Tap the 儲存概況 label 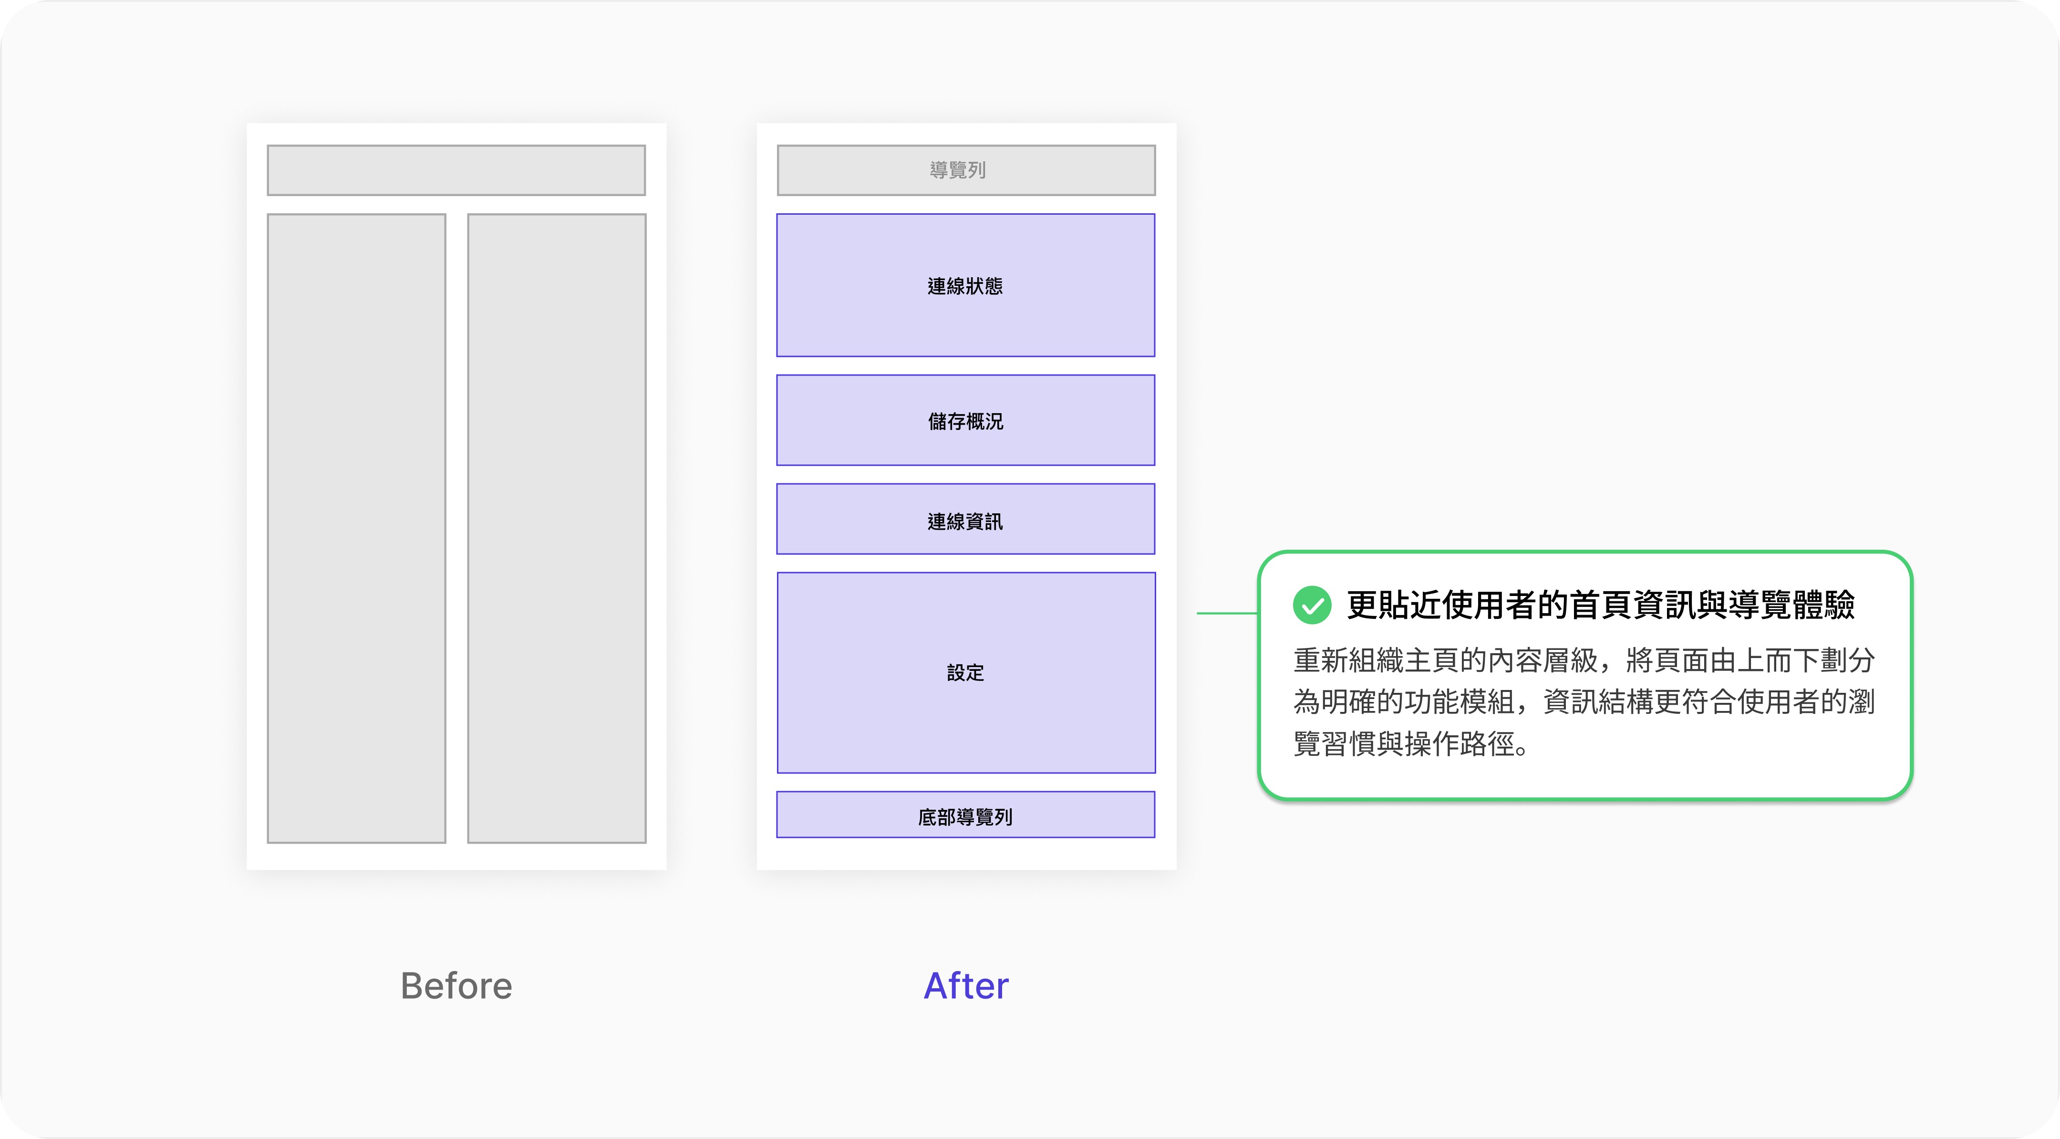click(x=965, y=421)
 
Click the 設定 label click(x=965, y=673)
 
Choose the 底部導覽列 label click(x=965, y=816)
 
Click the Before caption click(x=456, y=985)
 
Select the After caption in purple click(x=966, y=985)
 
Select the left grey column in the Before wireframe click(x=356, y=528)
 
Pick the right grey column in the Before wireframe click(x=557, y=528)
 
